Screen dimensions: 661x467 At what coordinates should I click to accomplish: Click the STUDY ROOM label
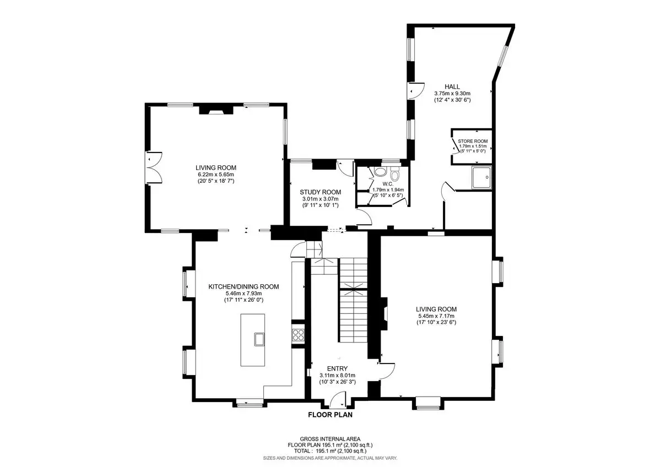pyautogui.click(x=320, y=192)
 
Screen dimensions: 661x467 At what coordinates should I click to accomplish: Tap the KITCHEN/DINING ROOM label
pyautogui.click(x=243, y=286)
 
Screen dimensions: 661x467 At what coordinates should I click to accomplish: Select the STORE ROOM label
pyautogui.click(x=473, y=142)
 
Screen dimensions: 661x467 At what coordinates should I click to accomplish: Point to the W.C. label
pyautogui.click(x=388, y=184)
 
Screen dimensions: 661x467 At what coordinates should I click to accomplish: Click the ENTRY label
pyautogui.click(x=337, y=368)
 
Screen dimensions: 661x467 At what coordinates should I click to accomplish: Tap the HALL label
pyautogui.click(x=452, y=86)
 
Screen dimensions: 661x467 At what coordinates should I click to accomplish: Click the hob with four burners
pyautogui.click(x=298, y=335)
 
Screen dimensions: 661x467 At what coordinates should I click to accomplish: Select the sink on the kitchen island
pyautogui.click(x=259, y=339)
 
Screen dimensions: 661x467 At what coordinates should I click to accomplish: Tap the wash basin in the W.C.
pyautogui.click(x=380, y=172)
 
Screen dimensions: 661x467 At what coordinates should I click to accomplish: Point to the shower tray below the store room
pyautogui.click(x=481, y=177)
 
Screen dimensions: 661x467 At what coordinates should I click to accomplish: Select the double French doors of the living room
pyautogui.click(x=154, y=168)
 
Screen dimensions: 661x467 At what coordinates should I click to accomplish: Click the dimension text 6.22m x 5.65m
pyautogui.click(x=216, y=175)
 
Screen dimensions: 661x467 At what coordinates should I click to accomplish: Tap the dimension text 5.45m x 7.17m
pyautogui.click(x=436, y=316)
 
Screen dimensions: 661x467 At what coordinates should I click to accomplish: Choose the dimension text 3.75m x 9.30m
pyautogui.click(x=452, y=93)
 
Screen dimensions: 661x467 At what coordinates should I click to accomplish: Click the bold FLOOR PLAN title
pyautogui.click(x=330, y=415)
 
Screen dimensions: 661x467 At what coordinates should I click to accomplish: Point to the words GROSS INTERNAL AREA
pyautogui.click(x=330, y=439)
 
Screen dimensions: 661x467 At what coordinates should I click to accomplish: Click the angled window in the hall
pyautogui.click(x=503, y=56)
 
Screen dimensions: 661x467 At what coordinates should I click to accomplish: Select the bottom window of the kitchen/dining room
pyautogui.click(x=250, y=405)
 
